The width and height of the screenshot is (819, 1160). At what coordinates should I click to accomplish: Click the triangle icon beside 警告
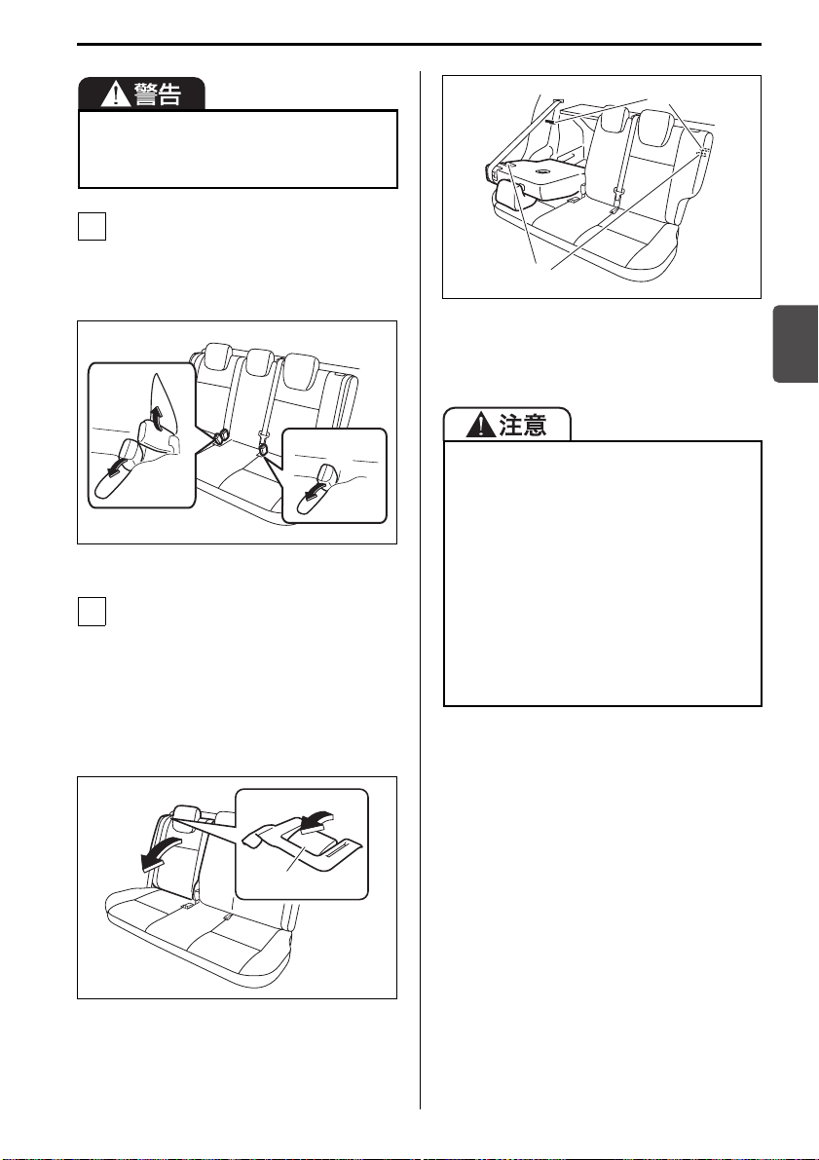click(x=116, y=94)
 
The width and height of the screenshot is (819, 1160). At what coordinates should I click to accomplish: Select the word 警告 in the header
click(x=157, y=94)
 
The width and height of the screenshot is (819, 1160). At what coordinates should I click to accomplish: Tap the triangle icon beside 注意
click(x=480, y=425)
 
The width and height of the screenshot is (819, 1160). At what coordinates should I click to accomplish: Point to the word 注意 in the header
click(x=523, y=425)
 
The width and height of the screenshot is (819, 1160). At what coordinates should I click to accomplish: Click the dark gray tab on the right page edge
click(x=796, y=343)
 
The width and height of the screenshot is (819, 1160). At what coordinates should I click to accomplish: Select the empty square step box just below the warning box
click(x=92, y=226)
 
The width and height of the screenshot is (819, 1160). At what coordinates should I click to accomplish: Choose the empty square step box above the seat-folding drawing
click(x=92, y=612)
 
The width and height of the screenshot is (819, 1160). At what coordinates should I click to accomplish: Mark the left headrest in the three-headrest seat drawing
click(x=218, y=355)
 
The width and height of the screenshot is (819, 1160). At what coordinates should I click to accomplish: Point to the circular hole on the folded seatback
click(x=544, y=173)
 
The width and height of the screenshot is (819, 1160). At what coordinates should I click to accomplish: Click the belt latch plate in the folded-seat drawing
click(x=618, y=196)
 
